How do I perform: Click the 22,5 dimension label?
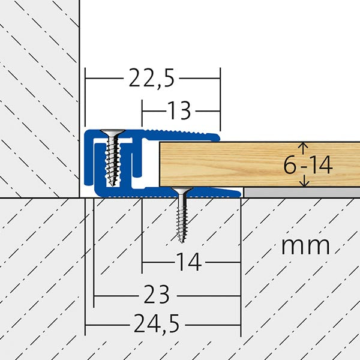[x=152, y=78]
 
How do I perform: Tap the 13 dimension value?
[x=179, y=111]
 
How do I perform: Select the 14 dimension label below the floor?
[x=189, y=262]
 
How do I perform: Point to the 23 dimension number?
[x=157, y=295]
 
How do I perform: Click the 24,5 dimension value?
[x=157, y=324]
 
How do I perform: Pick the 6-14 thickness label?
[x=308, y=165]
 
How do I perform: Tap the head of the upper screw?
[x=113, y=132]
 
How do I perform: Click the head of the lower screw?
[x=182, y=190]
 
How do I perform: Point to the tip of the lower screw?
[x=182, y=242]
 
